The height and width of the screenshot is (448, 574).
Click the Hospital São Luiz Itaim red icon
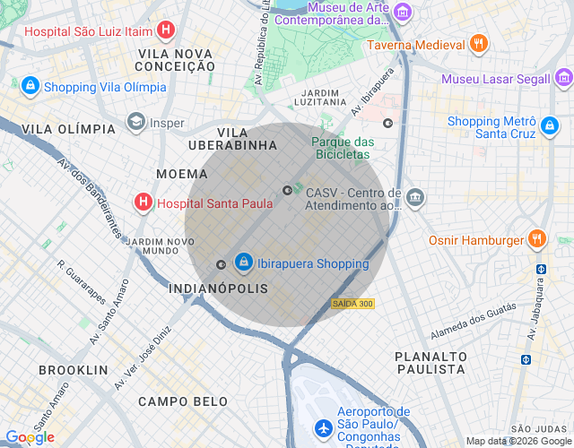click(x=165, y=30)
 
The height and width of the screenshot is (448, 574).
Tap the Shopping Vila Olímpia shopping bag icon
click(x=30, y=86)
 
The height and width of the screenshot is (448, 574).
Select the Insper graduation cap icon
click(x=136, y=123)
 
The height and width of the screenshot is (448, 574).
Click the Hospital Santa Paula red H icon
click(x=142, y=202)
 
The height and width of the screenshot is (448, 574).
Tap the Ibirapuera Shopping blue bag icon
click(x=243, y=263)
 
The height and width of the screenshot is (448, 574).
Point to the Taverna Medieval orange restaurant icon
click(x=480, y=44)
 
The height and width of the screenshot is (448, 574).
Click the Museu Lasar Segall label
click(x=495, y=79)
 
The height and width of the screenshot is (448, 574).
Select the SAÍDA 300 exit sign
click(x=352, y=304)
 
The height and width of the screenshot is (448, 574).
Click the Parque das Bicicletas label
click(x=343, y=149)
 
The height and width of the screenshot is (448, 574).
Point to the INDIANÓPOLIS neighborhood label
click(x=218, y=289)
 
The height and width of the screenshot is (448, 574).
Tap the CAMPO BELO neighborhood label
click(x=183, y=401)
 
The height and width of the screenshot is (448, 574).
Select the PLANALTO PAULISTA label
click(x=430, y=363)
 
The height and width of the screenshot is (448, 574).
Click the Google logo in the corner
click(x=30, y=436)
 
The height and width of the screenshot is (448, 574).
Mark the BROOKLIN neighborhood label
click(x=74, y=369)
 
